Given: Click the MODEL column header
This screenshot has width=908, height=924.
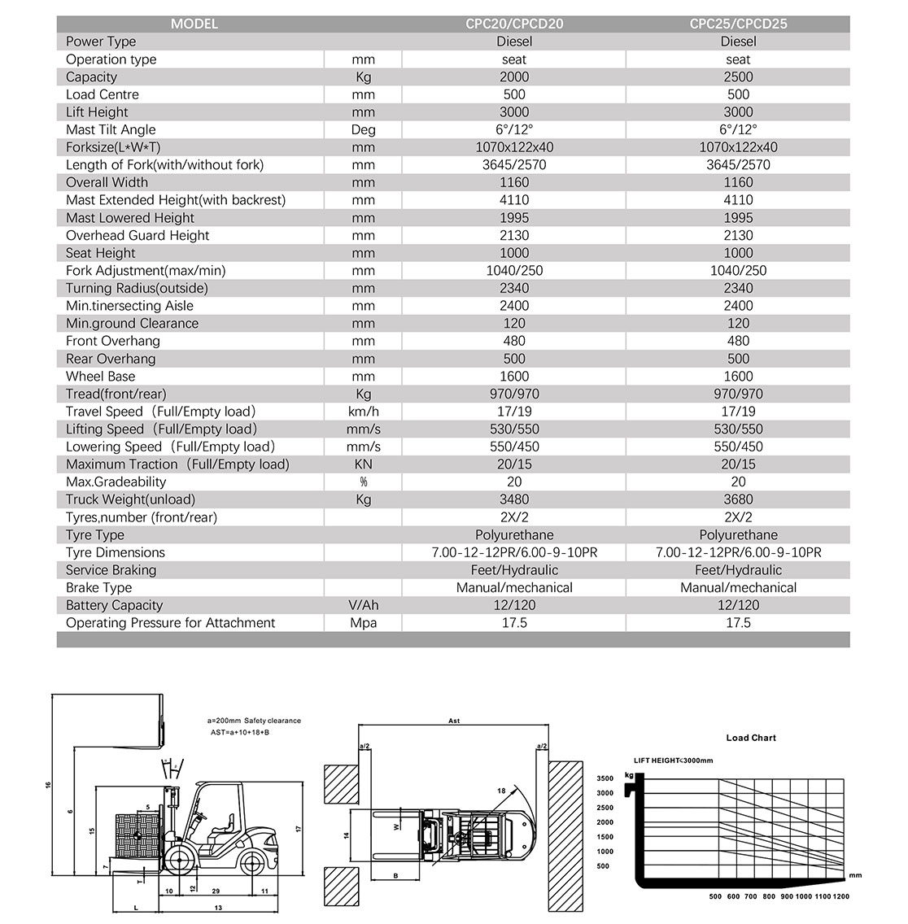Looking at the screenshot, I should pyautogui.click(x=194, y=24).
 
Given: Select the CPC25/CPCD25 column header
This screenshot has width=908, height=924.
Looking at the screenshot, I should pyautogui.click(x=738, y=24).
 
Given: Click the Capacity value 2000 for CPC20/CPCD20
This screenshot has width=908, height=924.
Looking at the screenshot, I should pyautogui.click(x=513, y=76).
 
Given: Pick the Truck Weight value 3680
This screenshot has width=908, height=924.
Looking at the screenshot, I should pyautogui.click(x=738, y=499).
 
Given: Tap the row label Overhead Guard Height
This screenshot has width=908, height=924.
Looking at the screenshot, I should pyautogui.click(x=138, y=235).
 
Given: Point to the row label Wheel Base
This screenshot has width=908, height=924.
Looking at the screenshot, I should pyautogui.click(x=100, y=376).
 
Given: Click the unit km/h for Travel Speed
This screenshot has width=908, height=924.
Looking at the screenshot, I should pyautogui.click(x=363, y=412).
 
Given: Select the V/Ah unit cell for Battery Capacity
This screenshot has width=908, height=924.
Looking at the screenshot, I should pyautogui.click(x=363, y=605).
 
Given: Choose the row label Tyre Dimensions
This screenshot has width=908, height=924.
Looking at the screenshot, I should pyautogui.click(x=115, y=552).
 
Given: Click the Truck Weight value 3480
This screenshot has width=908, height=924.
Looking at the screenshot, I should pyautogui.click(x=513, y=499).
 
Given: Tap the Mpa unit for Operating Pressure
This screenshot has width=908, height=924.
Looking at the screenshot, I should pyautogui.click(x=363, y=623).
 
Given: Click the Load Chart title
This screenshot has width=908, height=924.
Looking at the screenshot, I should pyautogui.click(x=751, y=738).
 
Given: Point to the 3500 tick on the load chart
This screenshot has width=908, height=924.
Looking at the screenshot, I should pyautogui.click(x=605, y=778).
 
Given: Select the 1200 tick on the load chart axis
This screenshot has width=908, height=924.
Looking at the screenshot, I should pyautogui.click(x=840, y=896).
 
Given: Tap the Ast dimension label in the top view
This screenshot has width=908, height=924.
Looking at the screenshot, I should pyautogui.click(x=454, y=721).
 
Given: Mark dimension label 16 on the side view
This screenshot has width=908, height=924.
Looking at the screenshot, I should pyautogui.click(x=48, y=785).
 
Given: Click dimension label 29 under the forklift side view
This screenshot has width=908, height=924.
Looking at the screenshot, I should pyautogui.click(x=216, y=891).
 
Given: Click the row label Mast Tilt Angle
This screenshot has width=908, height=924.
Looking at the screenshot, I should pyautogui.click(x=111, y=129).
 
